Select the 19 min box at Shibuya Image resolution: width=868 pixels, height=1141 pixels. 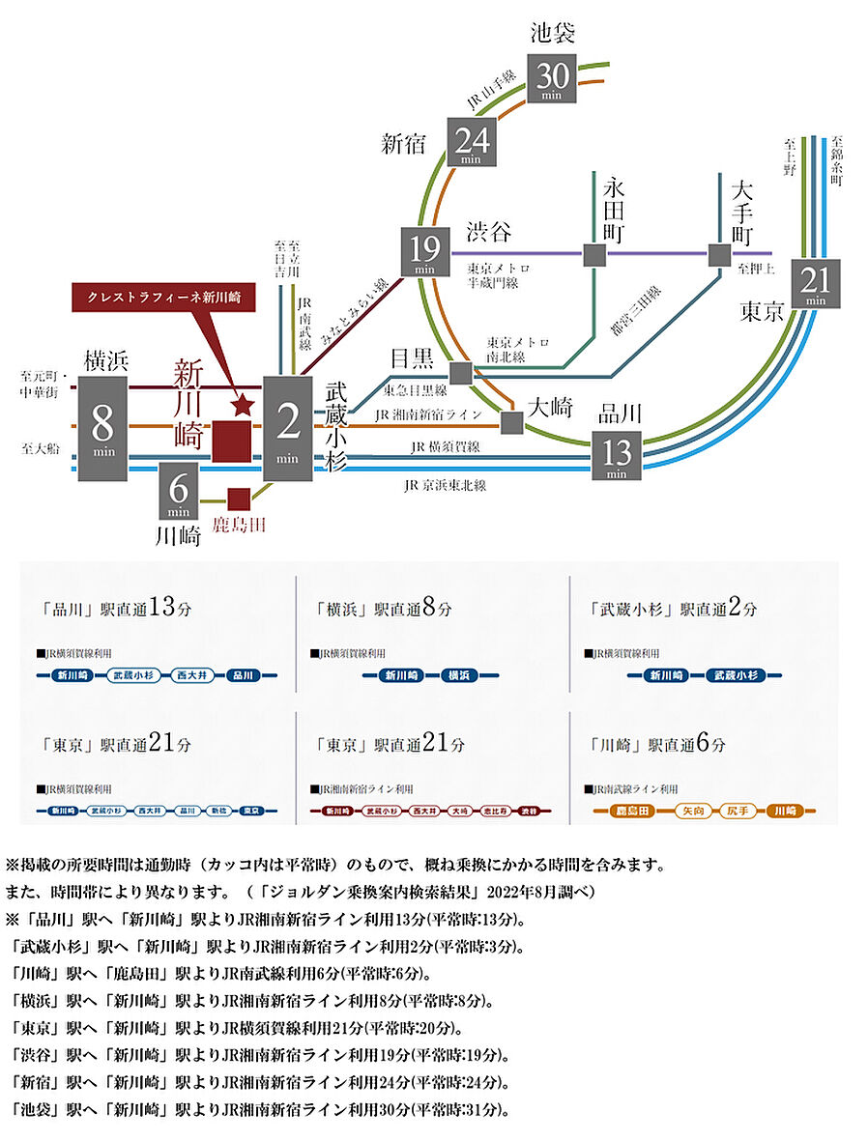(426, 252)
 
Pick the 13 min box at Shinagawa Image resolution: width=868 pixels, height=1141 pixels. (617, 456)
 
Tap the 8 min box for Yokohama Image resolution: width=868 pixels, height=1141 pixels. (103, 429)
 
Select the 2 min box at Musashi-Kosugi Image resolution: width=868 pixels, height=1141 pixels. (287, 429)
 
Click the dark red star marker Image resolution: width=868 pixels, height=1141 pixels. (242, 406)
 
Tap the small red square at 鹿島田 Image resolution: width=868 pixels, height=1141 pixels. (239, 499)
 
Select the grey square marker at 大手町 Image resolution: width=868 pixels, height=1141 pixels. (719, 255)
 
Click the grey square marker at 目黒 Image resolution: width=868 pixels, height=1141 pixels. (460, 373)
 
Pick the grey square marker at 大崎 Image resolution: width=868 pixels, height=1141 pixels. (511, 422)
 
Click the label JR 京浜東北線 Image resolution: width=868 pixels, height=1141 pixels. (445, 485)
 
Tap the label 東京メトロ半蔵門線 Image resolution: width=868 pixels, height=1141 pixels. (500, 275)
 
